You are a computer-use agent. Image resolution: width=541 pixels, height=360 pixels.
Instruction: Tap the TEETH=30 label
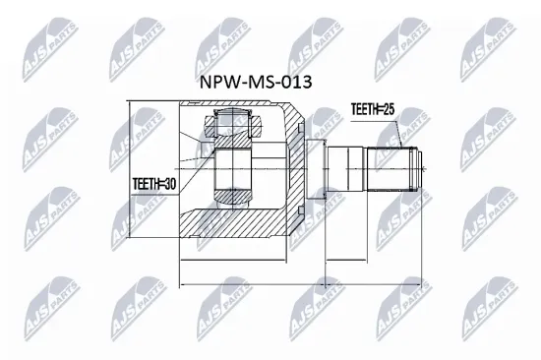(154, 182)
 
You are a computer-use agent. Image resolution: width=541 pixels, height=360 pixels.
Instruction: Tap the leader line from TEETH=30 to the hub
(197, 173)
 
